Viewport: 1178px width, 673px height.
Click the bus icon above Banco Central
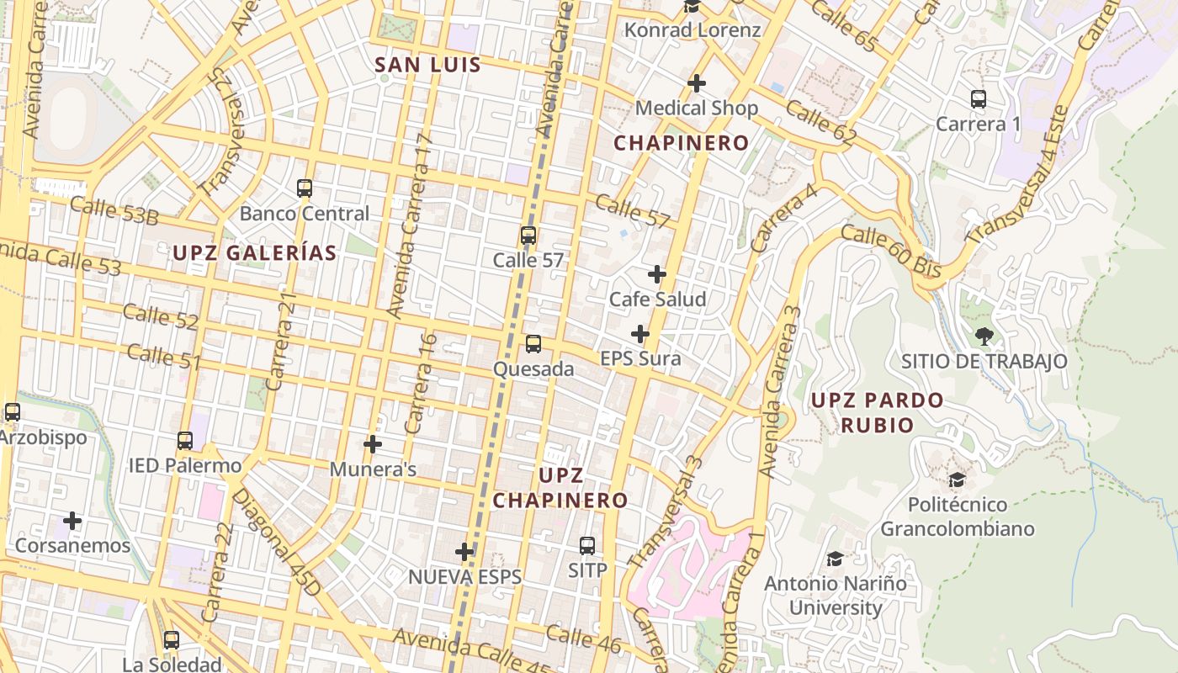[305, 188]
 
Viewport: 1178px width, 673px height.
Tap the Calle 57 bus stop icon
[528, 236]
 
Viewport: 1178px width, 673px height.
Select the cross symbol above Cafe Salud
[657, 274]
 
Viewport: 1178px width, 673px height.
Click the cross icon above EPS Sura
[640, 334]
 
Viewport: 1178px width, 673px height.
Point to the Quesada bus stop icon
[533, 344]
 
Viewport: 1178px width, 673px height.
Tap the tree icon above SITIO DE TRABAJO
[984, 336]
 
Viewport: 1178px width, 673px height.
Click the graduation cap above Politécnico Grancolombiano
[957, 480]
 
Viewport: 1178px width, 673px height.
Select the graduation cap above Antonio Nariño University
[835, 559]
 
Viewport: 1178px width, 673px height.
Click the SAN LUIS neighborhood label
[427, 65]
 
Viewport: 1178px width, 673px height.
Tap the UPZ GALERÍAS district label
[255, 252]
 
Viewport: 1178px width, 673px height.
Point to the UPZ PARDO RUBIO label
[878, 412]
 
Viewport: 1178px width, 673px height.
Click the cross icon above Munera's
[373, 444]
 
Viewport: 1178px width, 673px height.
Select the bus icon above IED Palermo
[185, 441]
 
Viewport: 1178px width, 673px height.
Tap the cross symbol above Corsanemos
[73, 521]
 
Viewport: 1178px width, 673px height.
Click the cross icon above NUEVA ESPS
[464, 553]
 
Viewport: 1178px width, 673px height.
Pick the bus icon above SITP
[587, 546]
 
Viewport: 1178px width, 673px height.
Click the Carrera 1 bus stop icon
[979, 99]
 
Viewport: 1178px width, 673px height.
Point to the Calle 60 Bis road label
[890, 251]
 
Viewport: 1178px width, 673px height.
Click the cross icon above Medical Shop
[697, 83]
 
